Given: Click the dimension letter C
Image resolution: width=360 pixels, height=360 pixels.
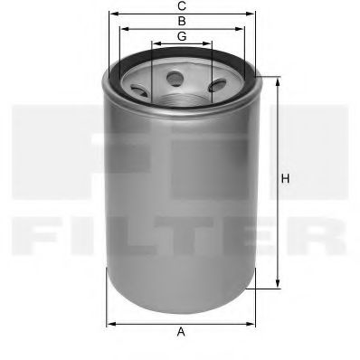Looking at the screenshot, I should pos(182,6).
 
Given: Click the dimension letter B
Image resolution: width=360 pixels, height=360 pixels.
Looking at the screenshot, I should pos(182,20).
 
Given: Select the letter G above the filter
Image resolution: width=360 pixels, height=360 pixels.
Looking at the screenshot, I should pos(182,35).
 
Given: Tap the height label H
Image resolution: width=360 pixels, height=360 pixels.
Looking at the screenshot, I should pos(285,179).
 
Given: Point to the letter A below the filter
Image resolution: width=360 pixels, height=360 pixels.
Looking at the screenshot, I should pos(181,332).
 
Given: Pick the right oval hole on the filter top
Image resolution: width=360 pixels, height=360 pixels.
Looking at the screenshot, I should pos(217,87).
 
